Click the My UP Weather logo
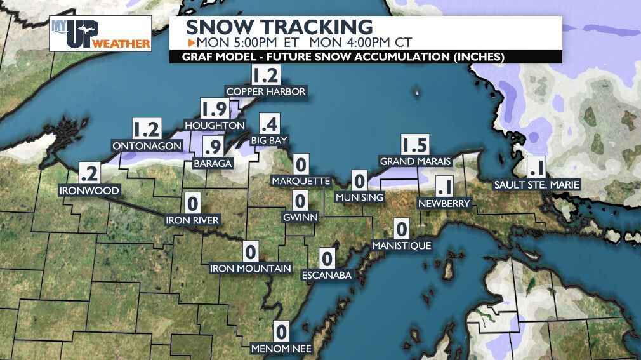click(x=100, y=34)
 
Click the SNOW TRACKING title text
click(x=279, y=27)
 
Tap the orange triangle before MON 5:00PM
click(x=192, y=43)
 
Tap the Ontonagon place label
click(x=147, y=146)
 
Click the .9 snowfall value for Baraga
click(x=215, y=147)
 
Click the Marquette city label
click(x=301, y=182)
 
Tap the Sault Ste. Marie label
click(x=537, y=185)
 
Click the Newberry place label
click(x=444, y=204)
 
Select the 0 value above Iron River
click(x=193, y=204)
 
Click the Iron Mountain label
click(x=251, y=269)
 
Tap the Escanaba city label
click(x=326, y=275)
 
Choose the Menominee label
click(x=281, y=349)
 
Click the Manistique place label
click(x=402, y=245)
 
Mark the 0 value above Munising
click(x=359, y=182)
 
